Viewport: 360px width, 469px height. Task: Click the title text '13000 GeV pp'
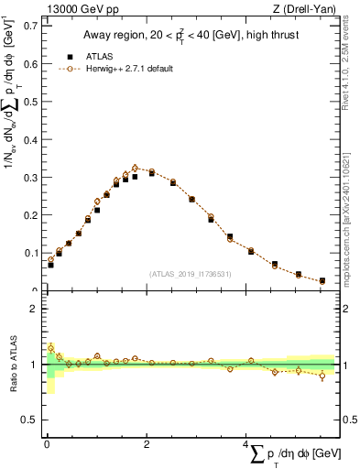click(71, 8)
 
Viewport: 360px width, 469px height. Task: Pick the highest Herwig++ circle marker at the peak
click(136, 168)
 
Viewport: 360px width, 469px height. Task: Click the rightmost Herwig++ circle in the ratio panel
click(322, 376)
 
